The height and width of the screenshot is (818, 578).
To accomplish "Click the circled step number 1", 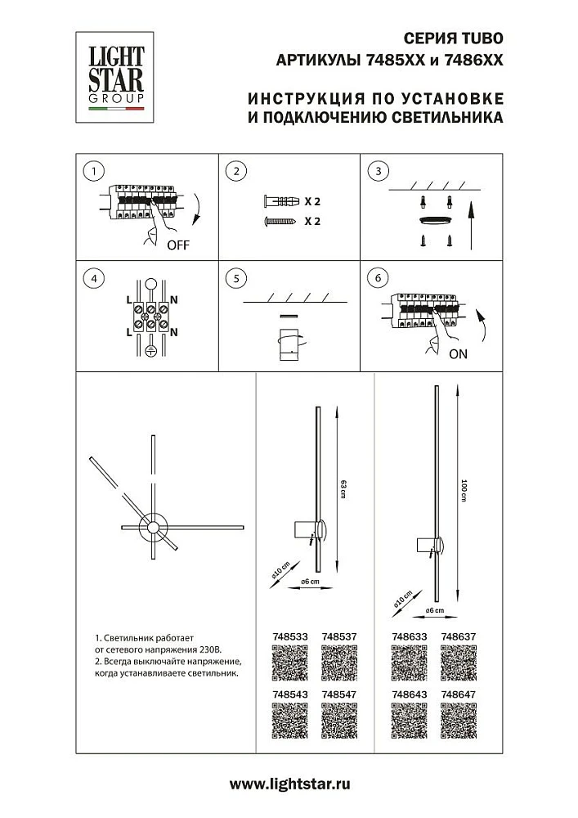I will click(96, 172).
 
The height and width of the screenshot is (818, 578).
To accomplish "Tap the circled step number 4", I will click(96, 279).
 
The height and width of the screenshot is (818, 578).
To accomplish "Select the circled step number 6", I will click(378, 279).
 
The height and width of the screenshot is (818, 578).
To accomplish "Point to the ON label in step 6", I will click(459, 354).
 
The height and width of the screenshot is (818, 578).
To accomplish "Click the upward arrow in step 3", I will click(472, 225).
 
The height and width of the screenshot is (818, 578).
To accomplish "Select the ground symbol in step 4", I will click(150, 351).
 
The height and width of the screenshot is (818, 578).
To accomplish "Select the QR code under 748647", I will click(458, 718).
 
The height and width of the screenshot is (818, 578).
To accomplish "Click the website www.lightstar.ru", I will click(289, 784).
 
